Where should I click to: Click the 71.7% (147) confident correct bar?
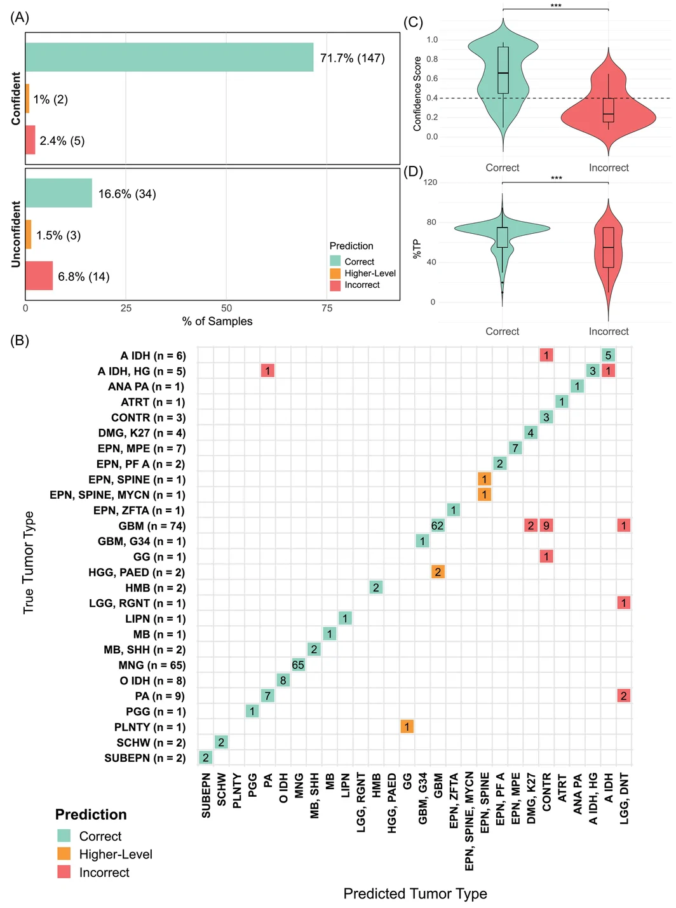170,57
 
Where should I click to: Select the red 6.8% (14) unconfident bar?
39,276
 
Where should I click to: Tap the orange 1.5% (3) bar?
28,234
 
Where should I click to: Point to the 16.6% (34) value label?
127,194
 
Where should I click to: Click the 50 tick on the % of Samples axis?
226,308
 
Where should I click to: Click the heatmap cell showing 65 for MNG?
298,665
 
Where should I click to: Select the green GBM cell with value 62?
437,525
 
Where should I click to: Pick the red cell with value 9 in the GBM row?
546,525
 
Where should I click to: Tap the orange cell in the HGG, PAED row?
438,572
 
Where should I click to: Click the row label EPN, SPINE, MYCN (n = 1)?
118,495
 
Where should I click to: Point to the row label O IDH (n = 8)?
152,681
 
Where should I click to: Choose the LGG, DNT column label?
624,798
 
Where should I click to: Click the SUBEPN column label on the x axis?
206,796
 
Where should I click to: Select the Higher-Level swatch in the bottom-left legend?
64,853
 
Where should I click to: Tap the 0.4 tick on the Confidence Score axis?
432,98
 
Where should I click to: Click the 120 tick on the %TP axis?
430,182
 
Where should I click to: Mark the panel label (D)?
413,172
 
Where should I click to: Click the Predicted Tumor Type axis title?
415,893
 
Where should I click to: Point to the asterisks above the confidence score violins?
556,6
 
